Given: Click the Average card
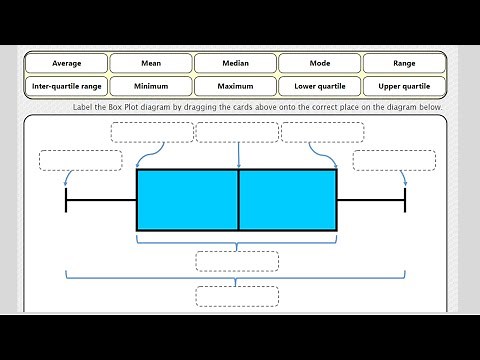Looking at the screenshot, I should click(66, 63).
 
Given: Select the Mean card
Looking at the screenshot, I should click(151, 63).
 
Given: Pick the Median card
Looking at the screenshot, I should click(236, 63).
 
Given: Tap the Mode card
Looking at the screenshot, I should click(320, 63).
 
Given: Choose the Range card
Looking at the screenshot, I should click(404, 63).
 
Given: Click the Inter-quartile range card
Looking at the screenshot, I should click(66, 86).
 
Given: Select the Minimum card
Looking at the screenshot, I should click(151, 86).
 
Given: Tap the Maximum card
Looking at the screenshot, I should click(236, 86).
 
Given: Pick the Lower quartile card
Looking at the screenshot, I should click(320, 86).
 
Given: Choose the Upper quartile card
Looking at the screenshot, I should click(404, 86).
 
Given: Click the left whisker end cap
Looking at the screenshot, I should click(66, 200).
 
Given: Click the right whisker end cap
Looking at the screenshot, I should click(405, 200).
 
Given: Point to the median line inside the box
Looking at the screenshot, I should click(238, 200).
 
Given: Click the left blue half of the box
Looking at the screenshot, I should click(187, 200).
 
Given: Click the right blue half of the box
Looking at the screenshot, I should click(288, 200).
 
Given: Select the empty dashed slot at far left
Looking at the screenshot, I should click(80, 160).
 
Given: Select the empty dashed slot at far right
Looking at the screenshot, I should click(394, 160).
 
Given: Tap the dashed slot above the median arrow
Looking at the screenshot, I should click(237, 132).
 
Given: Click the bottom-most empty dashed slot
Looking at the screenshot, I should click(237, 296).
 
